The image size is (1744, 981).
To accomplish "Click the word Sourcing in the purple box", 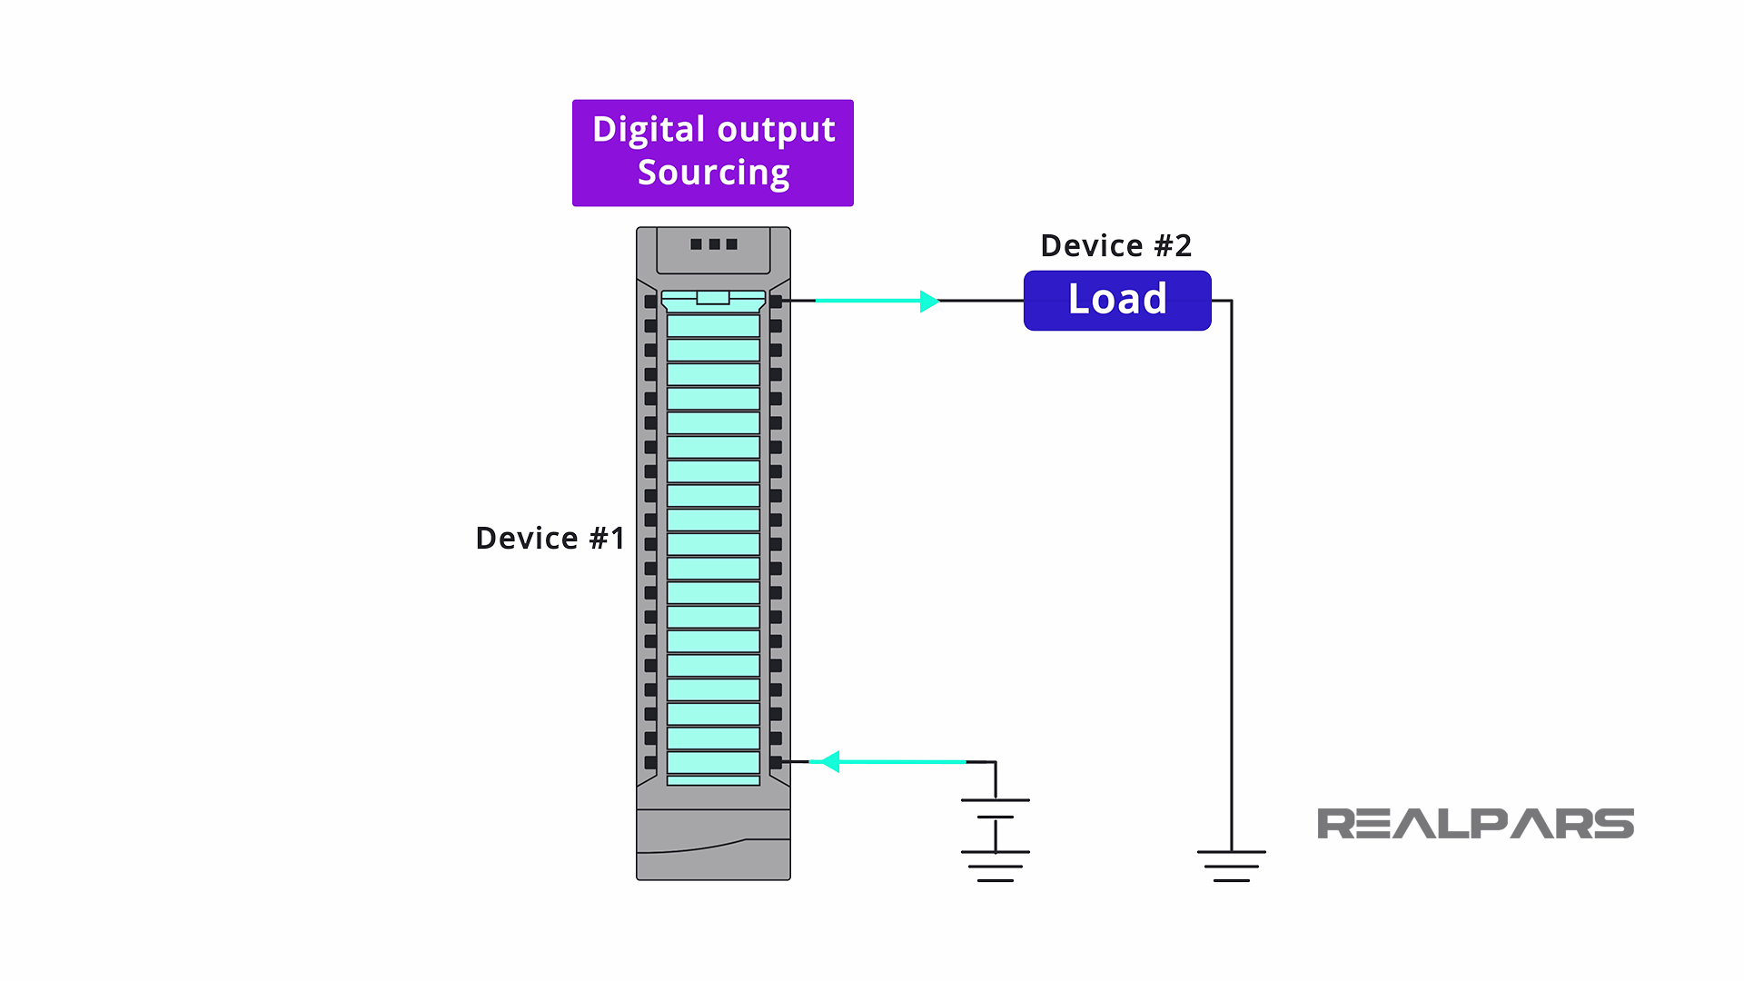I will (x=713, y=173).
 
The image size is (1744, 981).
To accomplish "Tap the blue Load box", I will (x=1116, y=300).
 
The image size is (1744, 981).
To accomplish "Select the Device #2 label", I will (x=1115, y=245).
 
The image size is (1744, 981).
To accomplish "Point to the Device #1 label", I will (x=550, y=538).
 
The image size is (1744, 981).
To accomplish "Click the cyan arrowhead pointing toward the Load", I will (x=928, y=301).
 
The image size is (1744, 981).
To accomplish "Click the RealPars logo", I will (x=1475, y=824).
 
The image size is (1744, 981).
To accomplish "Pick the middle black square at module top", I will (x=714, y=244).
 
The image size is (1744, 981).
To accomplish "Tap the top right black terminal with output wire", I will (x=776, y=301).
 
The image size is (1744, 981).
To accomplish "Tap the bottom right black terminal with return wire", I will (x=776, y=762).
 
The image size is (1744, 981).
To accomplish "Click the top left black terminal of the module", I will (x=650, y=301).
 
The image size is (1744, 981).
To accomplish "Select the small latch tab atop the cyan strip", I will (x=713, y=297).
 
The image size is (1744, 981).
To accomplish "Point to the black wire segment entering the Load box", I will (x=981, y=301).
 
